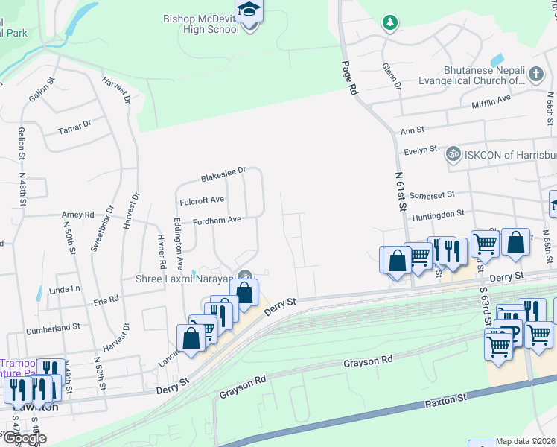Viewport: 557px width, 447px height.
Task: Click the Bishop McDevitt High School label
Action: click(x=202, y=22)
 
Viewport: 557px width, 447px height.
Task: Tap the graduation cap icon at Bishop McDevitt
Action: click(x=249, y=10)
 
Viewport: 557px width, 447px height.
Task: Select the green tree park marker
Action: click(x=389, y=22)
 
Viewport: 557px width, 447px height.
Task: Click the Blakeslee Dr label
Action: click(x=223, y=174)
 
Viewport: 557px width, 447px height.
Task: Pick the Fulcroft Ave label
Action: click(x=202, y=200)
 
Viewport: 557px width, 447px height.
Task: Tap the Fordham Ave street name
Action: click(x=217, y=221)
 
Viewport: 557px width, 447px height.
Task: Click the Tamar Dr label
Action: click(x=74, y=128)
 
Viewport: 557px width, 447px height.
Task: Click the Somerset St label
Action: click(x=432, y=194)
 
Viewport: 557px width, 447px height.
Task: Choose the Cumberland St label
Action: click(x=53, y=327)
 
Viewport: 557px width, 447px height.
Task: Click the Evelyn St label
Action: click(x=420, y=150)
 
